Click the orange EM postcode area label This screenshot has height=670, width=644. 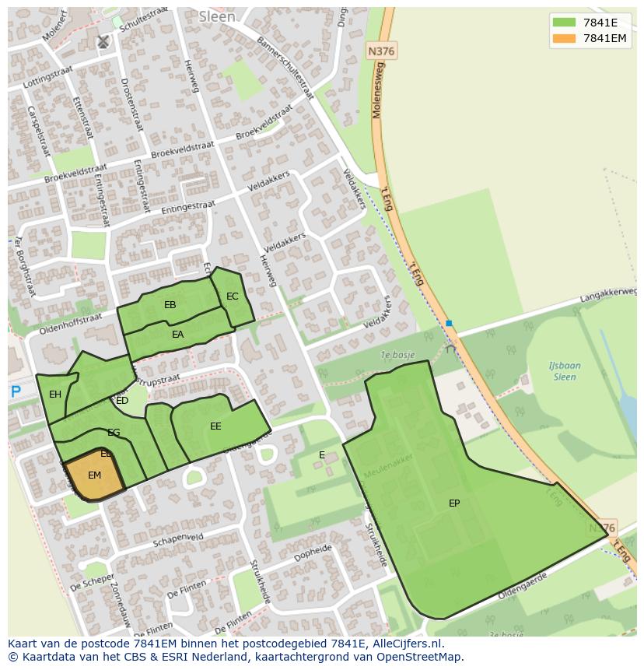(x=94, y=475)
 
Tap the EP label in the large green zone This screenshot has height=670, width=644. (x=454, y=503)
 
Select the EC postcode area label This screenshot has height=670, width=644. (x=233, y=296)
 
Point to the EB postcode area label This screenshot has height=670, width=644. (x=170, y=305)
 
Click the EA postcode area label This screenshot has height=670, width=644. (x=178, y=335)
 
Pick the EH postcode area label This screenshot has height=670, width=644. (x=55, y=395)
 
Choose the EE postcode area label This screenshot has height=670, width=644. (x=215, y=426)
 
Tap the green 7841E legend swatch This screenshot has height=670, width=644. (x=564, y=23)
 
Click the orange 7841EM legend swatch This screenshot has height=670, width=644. (x=564, y=38)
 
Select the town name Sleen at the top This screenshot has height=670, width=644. (x=216, y=16)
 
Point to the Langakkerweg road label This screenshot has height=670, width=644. (x=607, y=293)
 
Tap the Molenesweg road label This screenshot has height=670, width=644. (x=378, y=92)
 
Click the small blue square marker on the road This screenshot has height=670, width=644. (x=449, y=323)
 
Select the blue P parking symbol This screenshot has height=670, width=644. (x=16, y=392)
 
